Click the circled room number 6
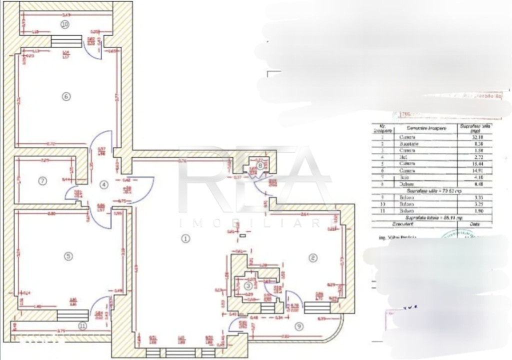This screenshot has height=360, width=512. click(x=65, y=97)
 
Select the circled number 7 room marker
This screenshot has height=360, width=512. click(x=43, y=181)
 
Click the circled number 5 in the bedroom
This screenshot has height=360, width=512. click(x=68, y=256)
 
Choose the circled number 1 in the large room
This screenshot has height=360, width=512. click(x=185, y=238)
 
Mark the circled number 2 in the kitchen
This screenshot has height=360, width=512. click(x=313, y=258)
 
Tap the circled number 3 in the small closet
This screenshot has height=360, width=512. click(x=248, y=285)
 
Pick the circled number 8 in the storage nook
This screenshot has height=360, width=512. click(x=260, y=165)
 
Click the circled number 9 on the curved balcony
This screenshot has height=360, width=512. click(x=299, y=326)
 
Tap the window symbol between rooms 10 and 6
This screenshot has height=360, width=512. click(x=66, y=41)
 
